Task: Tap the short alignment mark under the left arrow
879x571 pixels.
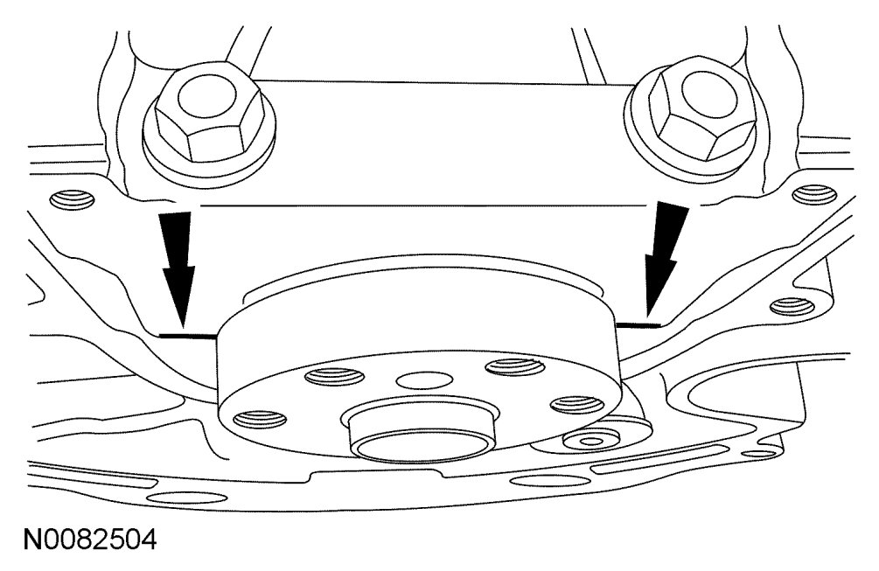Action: [x=189, y=334]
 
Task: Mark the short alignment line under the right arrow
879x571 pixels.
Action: [x=636, y=323]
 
